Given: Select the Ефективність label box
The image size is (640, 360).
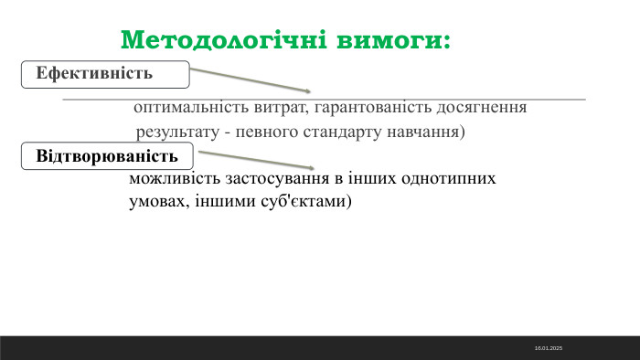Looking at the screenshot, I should click(x=105, y=73).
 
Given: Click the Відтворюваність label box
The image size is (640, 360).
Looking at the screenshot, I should click(x=107, y=155).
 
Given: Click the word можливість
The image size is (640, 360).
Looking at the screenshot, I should click(x=171, y=179).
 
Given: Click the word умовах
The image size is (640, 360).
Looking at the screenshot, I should click(x=156, y=202).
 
